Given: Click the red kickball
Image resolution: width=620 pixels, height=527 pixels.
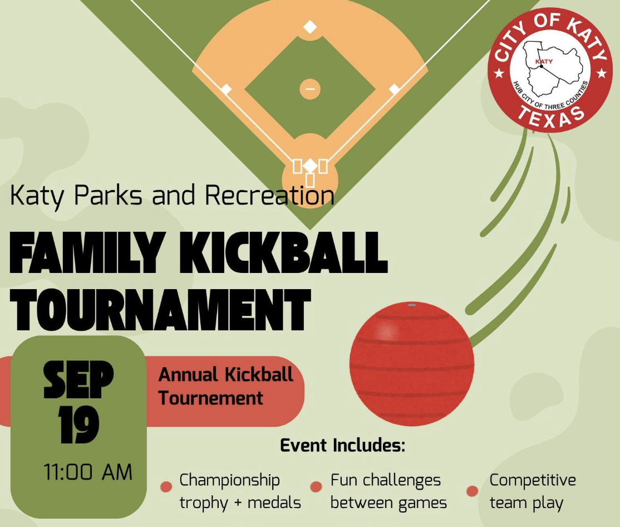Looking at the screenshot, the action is click(x=412, y=364).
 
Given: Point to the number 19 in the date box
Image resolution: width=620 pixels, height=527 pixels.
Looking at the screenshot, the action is click(x=78, y=424).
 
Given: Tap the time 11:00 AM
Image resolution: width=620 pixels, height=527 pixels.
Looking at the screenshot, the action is click(x=88, y=472).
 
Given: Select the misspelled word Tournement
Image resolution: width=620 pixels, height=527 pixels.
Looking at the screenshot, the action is click(x=211, y=398).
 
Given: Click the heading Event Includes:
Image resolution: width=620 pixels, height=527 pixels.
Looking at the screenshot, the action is click(x=343, y=445).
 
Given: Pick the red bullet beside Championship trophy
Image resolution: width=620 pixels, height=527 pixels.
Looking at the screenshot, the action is click(x=166, y=487).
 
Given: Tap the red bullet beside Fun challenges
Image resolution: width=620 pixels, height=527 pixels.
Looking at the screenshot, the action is click(x=316, y=487).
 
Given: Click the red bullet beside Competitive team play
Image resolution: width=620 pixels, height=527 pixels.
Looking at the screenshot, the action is click(x=472, y=491).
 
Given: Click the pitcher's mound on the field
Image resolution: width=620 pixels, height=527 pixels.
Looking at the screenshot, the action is click(x=310, y=89).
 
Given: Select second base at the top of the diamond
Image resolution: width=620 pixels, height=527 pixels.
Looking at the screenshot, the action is click(x=310, y=27).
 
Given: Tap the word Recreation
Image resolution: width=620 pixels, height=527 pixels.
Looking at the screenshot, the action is click(x=269, y=195).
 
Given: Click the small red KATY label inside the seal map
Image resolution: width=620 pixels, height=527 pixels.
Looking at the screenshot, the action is click(x=544, y=61).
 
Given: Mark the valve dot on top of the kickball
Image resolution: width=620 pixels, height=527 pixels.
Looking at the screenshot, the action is click(x=412, y=305).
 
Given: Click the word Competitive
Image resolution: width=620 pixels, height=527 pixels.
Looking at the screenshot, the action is click(x=533, y=480).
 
